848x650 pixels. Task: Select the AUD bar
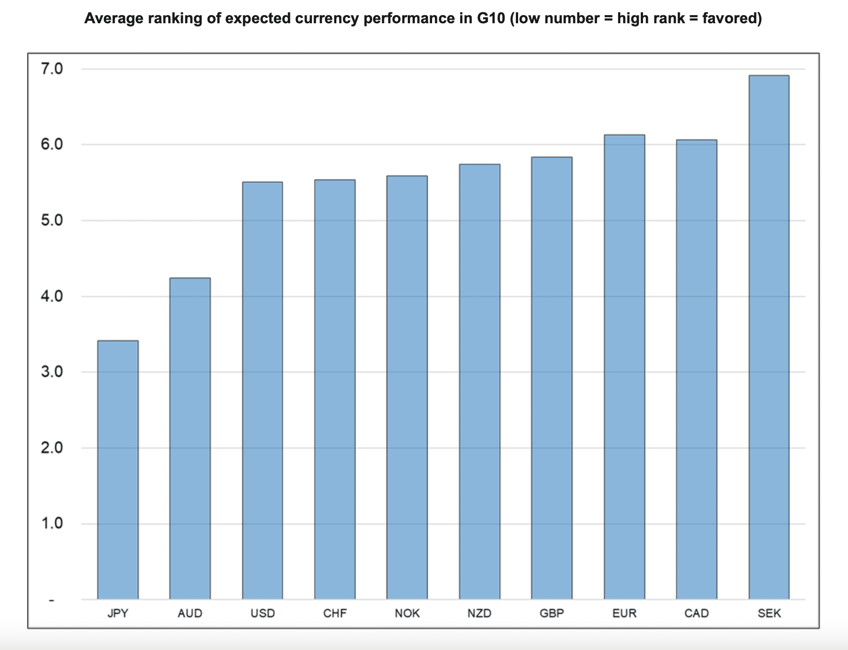190,438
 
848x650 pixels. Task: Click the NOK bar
407,387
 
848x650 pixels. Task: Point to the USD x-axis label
263,614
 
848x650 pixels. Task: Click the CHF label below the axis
335,614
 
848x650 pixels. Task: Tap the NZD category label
480,614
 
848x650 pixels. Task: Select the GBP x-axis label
552,614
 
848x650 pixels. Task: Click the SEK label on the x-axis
769,614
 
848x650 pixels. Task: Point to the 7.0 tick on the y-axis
52,69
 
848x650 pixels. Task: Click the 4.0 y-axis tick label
52,296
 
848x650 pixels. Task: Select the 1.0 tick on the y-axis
52,523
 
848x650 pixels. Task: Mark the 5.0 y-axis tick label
52,221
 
